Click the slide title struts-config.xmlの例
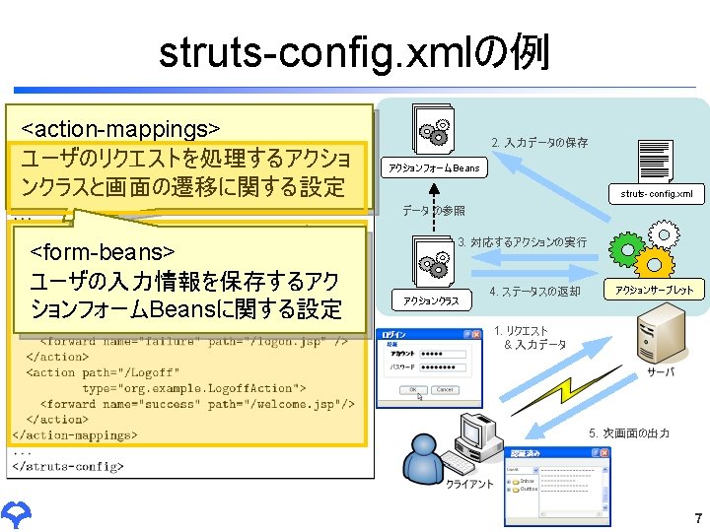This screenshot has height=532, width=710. (354, 53)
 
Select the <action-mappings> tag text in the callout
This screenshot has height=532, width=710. (120, 129)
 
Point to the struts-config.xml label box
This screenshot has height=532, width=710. (656, 194)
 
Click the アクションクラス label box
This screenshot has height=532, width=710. (431, 300)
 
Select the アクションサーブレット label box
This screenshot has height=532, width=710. (654, 290)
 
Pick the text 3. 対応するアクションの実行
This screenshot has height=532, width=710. (522, 242)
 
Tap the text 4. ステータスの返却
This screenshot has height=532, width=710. (534, 292)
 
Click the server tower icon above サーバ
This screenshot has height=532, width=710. (662, 335)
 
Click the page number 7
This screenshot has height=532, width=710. (697, 519)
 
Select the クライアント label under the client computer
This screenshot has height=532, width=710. (469, 485)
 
